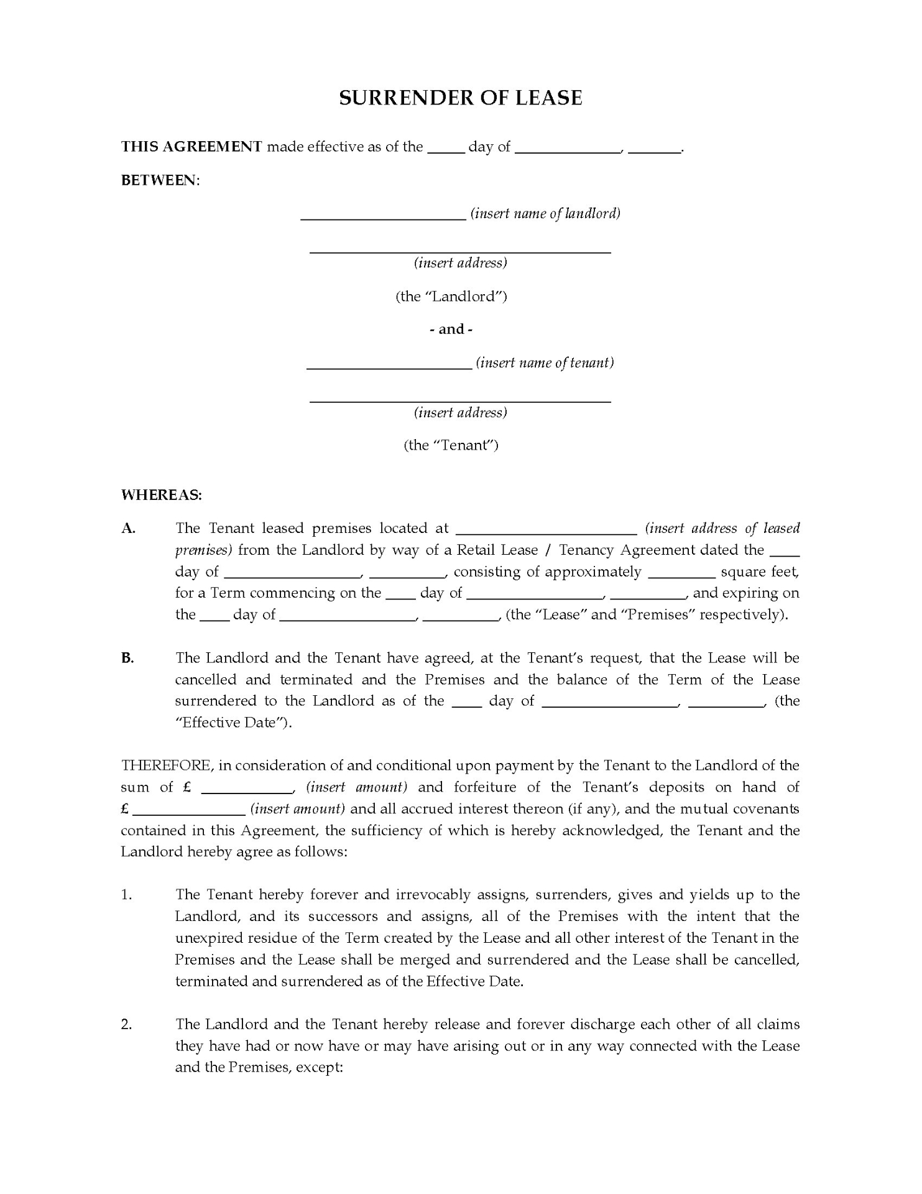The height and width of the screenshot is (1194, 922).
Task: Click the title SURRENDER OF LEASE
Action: [x=460, y=98]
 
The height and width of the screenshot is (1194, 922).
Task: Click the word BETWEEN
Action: [x=159, y=180]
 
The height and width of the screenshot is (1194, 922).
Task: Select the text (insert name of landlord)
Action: [x=545, y=213]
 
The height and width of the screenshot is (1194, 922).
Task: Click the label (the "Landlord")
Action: [x=451, y=296]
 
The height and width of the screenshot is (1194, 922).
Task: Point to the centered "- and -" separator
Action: [x=451, y=329]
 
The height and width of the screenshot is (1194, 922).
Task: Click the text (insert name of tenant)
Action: [x=545, y=363]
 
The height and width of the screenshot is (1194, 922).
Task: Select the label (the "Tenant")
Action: [x=451, y=445]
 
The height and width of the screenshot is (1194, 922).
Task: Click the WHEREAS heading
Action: [x=161, y=495]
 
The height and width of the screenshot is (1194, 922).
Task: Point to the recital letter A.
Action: [x=128, y=529]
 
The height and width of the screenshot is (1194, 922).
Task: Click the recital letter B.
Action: [x=127, y=658]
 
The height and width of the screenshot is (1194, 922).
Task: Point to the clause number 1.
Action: [x=126, y=895]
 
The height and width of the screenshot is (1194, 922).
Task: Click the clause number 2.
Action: [x=126, y=1024]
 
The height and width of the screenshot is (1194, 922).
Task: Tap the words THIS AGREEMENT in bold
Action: [x=191, y=147]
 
